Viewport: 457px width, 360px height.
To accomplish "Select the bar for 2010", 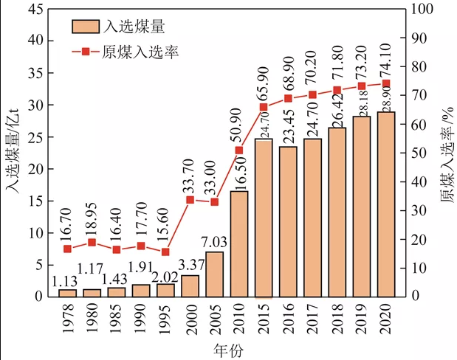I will (x=238, y=243).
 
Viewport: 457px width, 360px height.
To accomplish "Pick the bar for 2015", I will (x=264, y=218).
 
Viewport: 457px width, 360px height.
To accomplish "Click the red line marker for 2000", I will (x=190, y=200).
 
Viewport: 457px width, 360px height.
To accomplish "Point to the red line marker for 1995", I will (x=165, y=252).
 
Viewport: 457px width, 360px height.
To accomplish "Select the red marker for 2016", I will (x=288, y=99).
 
